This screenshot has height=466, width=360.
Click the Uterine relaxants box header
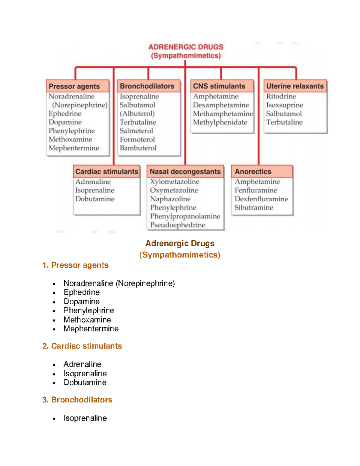[x=295, y=86]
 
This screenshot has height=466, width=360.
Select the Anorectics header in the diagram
[x=253, y=172]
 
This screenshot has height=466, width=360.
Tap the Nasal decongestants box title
[x=185, y=172]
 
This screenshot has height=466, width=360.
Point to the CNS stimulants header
[x=219, y=86]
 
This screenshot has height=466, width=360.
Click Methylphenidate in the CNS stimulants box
[x=220, y=122]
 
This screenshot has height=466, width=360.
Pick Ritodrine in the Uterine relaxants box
[x=281, y=96]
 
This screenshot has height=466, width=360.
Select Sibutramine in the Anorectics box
[x=254, y=208]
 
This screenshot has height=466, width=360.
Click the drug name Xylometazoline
[x=175, y=182]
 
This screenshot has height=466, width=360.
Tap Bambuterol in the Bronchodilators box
[x=138, y=148]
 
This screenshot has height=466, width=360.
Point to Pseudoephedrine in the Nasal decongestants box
[x=178, y=225]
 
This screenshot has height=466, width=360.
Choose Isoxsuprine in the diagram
[x=285, y=105]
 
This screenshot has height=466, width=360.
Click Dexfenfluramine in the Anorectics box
[x=261, y=199]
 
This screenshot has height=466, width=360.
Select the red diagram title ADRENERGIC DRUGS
[x=186, y=47]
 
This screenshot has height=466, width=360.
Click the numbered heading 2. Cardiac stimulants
[x=82, y=346]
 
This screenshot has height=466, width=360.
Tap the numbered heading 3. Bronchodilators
[x=77, y=400]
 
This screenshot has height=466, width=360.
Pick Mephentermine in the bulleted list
[x=91, y=329]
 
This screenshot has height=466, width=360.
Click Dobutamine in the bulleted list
[x=85, y=382]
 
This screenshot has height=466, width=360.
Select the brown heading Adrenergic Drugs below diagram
[x=180, y=243]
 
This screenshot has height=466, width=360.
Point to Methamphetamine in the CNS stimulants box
[x=223, y=114]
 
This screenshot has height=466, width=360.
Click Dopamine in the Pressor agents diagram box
[x=65, y=122]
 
